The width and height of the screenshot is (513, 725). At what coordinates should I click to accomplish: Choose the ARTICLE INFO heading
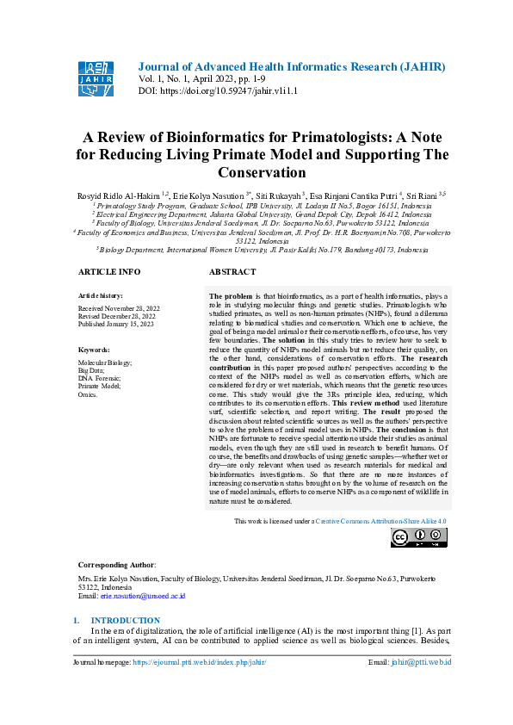[109, 271]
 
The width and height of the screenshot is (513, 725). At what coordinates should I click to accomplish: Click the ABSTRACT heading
[232, 271]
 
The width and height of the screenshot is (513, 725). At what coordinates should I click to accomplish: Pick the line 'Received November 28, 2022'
[119, 307]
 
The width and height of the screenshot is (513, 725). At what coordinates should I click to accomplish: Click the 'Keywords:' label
[94, 350]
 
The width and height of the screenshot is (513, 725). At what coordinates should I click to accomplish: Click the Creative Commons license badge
[419, 538]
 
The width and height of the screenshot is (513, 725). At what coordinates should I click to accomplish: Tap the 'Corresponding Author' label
[117, 565]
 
